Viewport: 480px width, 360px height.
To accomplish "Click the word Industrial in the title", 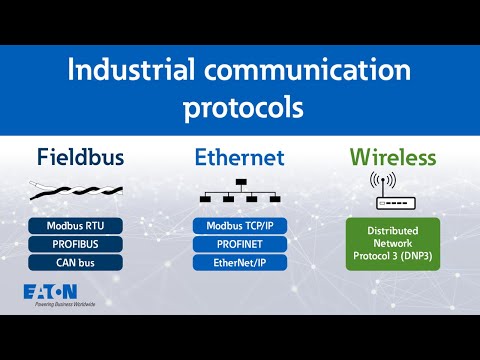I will point(123,72).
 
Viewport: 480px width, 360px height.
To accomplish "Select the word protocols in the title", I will point(240,107).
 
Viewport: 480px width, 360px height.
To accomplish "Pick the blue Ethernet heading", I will point(239,158).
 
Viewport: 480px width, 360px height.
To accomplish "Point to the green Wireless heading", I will point(391,158).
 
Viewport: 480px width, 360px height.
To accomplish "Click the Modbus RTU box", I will point(76,226).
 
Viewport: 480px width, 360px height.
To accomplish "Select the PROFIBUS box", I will point(76,244).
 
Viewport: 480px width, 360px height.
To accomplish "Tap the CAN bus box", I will point(76,262).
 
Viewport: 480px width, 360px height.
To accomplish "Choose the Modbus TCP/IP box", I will point(239,226).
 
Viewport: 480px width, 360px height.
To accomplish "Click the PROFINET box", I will point(239,244).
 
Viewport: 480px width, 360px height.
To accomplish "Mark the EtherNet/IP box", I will point(239,262).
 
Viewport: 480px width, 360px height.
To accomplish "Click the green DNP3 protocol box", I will point(391,241).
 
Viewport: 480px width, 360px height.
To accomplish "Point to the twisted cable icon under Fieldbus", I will point(74,190).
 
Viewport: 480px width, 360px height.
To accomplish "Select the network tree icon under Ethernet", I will point(240,193).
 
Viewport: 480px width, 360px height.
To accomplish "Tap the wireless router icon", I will point(391,193).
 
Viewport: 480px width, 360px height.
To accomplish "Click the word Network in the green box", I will point(391,241).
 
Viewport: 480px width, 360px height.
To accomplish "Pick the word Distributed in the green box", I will point(391,228).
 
